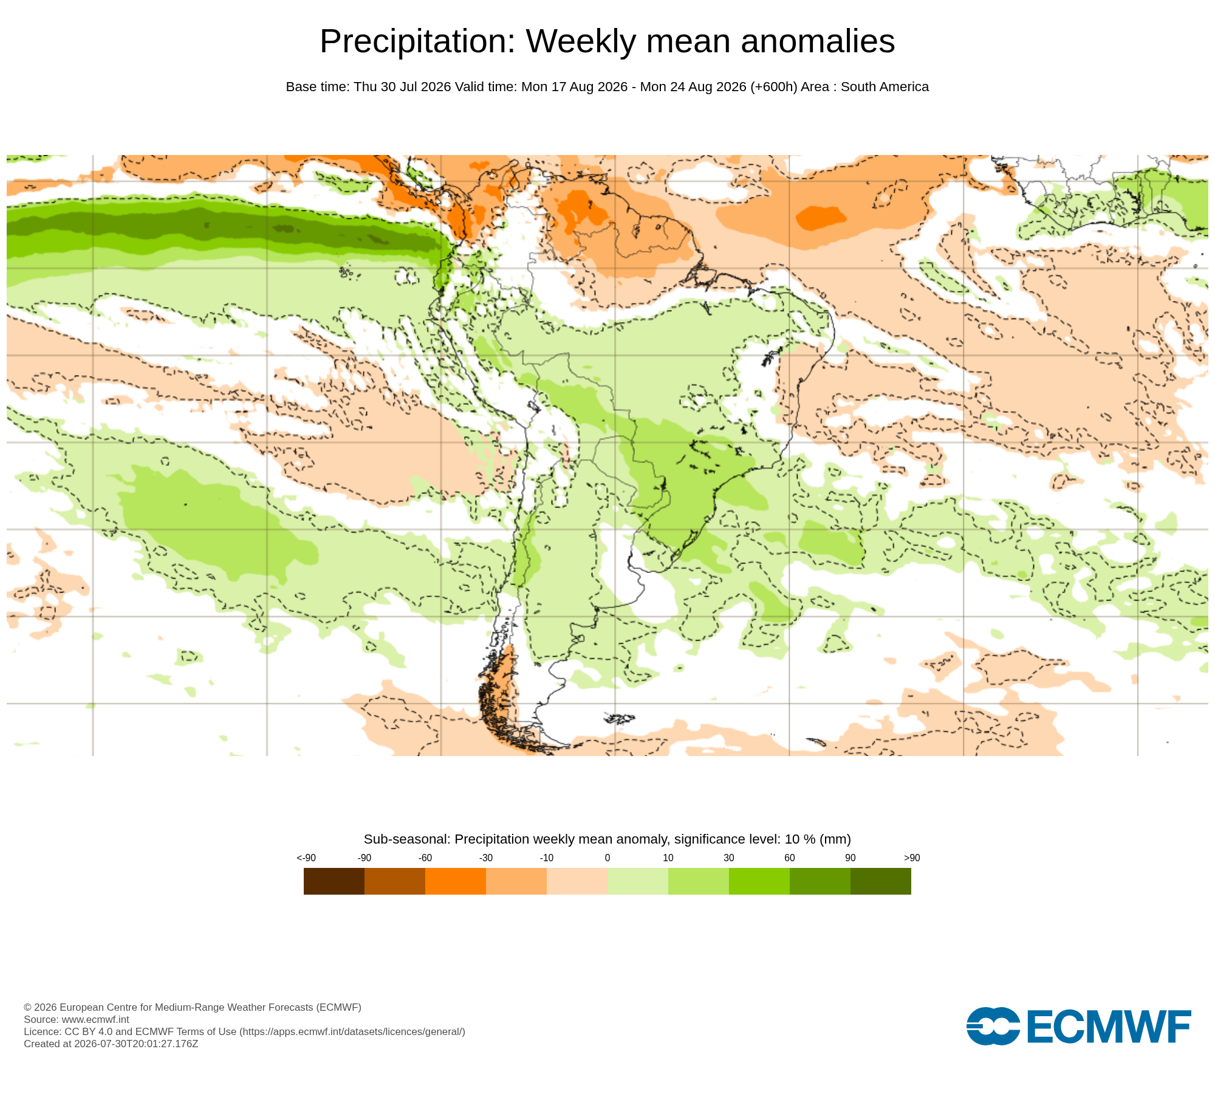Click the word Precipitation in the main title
(x=417, y=41)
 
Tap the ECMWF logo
(x=1079, y=1026)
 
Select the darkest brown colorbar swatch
(x=334, y=881)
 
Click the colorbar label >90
(x=912, y=858)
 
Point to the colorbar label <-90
(x=306, y=858)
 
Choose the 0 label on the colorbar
(x=607, y=858)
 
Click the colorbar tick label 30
(x=729, y=858)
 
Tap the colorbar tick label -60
(x=425, y=858)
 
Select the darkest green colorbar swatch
(x=881, y=881)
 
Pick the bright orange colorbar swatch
(x=456, y=881)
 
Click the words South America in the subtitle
(x=885, y=87)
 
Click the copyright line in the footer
(x=193, y=1007)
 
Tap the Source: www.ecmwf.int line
(x=77, y=1019)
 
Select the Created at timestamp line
(x=111, y=1044)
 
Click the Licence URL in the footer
(x=352, y=1031)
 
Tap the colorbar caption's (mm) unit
(x=835, y=839)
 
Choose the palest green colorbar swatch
(x=638, y=881)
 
